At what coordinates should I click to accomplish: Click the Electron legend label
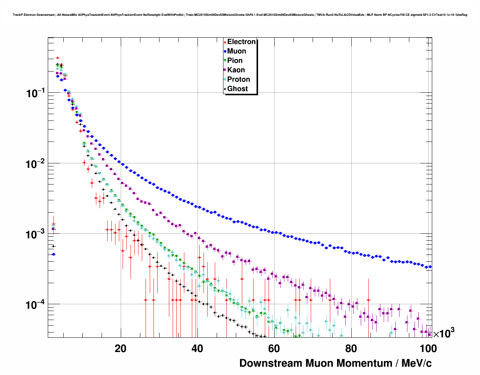pyautogui.click(x=242, y=42)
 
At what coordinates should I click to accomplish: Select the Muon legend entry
pyautogui.click(x=237, y=51)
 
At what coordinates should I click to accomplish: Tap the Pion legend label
pyautogui.click(x=235, y=61)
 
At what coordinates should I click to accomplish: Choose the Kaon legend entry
pyautogui.click(x=236, y=70)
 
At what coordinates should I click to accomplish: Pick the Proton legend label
pyautogui.click(x=238, y=79)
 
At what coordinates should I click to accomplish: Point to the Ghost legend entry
pyautogui.click(x=237, y=89)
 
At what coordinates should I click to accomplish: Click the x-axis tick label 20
pyautogui.click(x=120, y=349)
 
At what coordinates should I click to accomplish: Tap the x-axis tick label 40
pyautogui.click(x=197, y=349)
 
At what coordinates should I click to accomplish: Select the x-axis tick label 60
pyautogui.click(x=274, y=349)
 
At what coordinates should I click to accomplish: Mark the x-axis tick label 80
pyautogui.click(x=351, y=349)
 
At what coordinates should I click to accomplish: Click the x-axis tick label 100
pyautogui.click(x=427, y=349)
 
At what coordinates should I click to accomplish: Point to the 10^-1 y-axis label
pyautogui.click(x=35, y=93)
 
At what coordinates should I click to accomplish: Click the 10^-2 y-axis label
pyautogui.click(x=35, y=164)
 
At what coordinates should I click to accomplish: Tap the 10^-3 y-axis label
pyautogui.click(x=35, y=234)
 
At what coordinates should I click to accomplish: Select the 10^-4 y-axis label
pyautogui.click(x=35, y=304)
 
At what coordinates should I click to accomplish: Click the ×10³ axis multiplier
pyautogui.click(x=444, y=333)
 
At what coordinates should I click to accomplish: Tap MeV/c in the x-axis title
pyautogui.click(x=416, y=363)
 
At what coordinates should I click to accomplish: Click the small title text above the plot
pyautogui.click(x=240, y=15)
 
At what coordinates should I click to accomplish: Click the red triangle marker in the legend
pyautogui.click(x=225, y=42)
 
